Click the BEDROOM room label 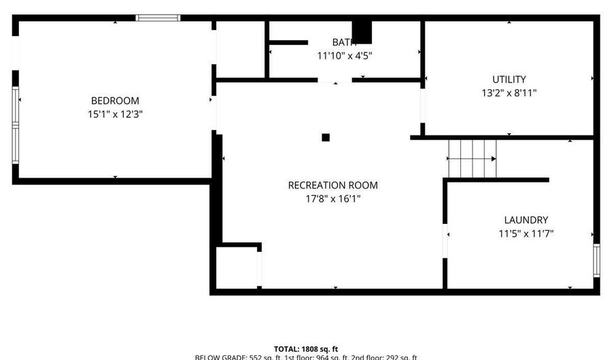(x=115, y=101)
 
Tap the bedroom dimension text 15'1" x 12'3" (x=115, y=114)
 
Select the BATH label (x=344, y=42)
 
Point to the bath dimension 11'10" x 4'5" (x=344, y=56)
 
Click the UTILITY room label (x=509, y=79)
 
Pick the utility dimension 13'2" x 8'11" (x=509, y=93)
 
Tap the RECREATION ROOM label (x=333, y=185)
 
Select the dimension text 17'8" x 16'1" (x=333, y=199)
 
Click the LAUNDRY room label (x=526, y=220)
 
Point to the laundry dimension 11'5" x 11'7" (x=526, y=233)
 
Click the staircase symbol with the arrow (x=471, y=158)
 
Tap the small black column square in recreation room (x=326, y=137)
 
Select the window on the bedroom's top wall (x=158, y=18)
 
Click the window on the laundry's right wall (x=596, y=261)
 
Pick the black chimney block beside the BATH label (x=363, y=32)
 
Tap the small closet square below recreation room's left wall (x=236, y=267)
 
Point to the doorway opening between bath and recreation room (x=335, y=80)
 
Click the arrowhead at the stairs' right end (x=493, y=159)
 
